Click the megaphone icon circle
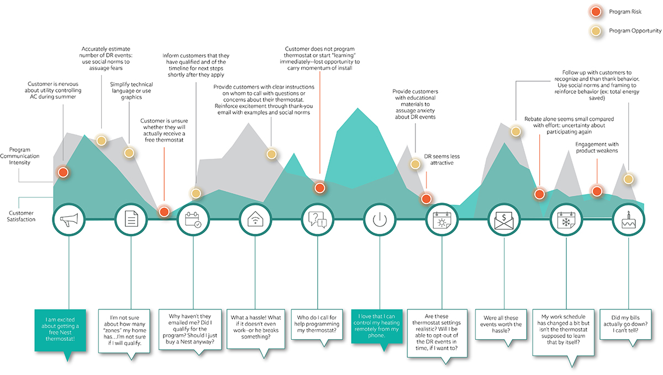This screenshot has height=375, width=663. [69, 220]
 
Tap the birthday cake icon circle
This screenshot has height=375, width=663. [629, 220]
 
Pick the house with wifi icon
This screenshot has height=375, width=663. [255, 220]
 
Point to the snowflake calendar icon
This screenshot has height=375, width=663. [567, 220]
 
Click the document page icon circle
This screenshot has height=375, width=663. [131, 220]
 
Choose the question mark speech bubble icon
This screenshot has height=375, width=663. [317, 220]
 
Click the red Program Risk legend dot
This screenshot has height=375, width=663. [595, 12]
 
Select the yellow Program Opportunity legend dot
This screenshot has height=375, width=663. [595, 30]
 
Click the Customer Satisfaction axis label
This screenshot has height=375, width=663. [22, 216]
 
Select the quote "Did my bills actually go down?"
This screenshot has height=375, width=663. [629, 323]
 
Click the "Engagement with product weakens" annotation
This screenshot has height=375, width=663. [596, 147]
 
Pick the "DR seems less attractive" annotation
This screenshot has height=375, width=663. [441, 160]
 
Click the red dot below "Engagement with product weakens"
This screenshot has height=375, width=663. [596, 191]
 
